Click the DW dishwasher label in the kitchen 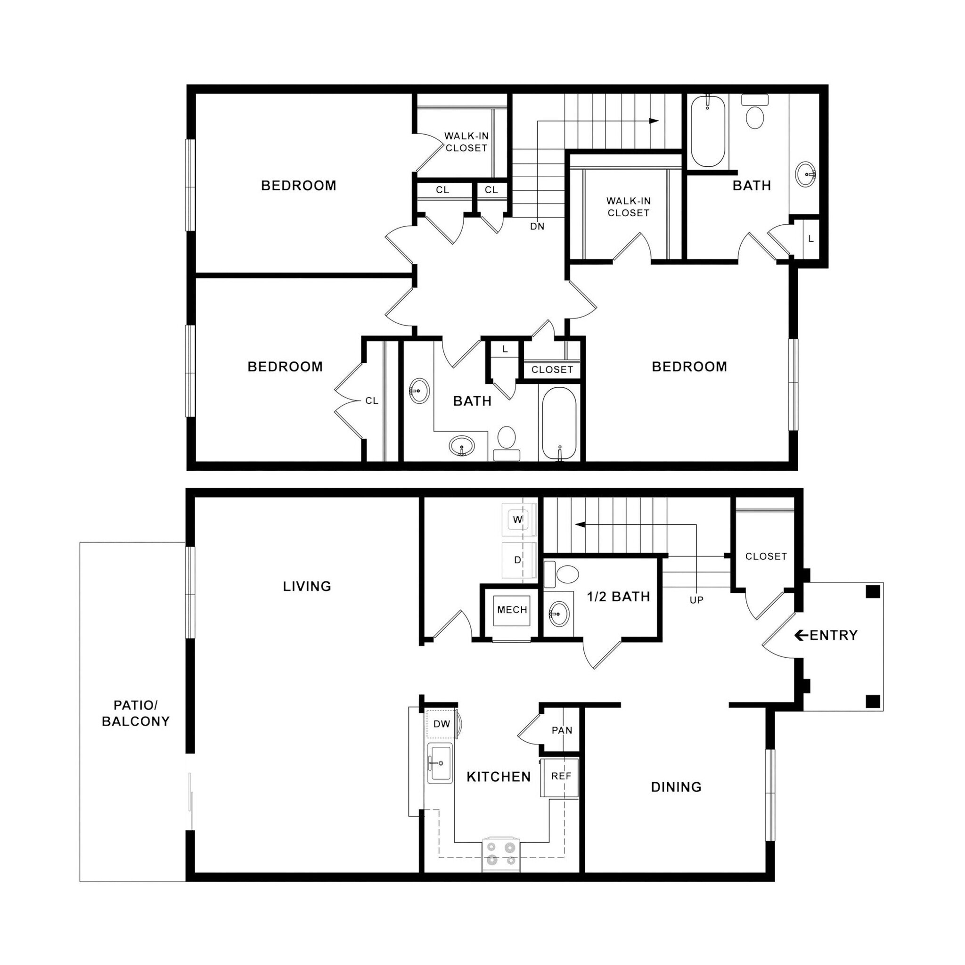442,724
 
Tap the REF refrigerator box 560,776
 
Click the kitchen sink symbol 440,764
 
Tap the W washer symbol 518,519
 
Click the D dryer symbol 518,560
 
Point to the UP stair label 696,600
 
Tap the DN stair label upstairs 537,227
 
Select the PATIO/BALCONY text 135,713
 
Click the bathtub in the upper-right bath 708,131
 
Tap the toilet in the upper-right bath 755,114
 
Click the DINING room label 676,787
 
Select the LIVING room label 307,586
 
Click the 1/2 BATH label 618,597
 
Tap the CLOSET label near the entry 766,556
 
